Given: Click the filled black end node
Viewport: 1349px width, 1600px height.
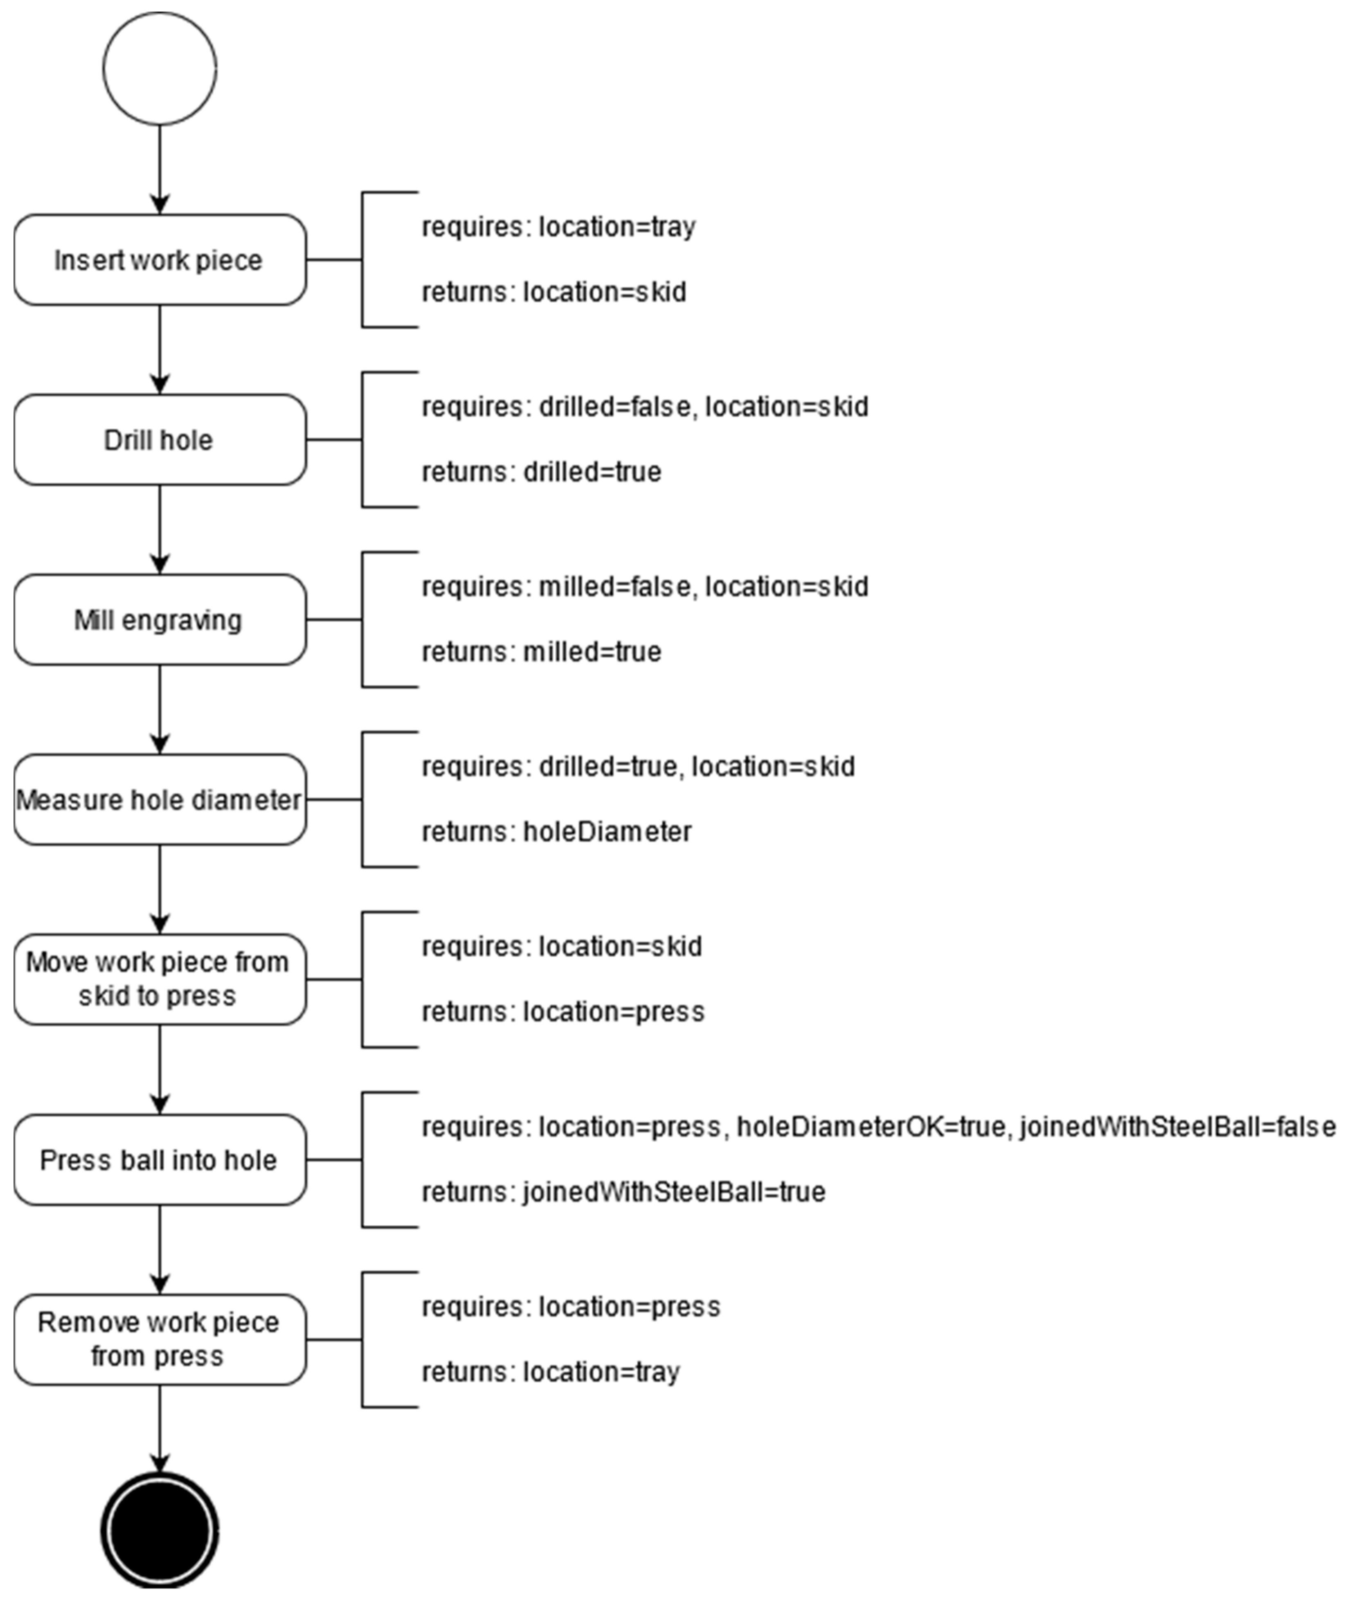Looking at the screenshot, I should coord(160,1530).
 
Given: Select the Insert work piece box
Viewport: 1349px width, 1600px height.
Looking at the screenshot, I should coord(160,260).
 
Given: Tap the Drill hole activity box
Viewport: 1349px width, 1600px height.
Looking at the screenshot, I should coord(160,440).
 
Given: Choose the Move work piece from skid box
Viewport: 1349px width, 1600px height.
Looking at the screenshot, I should coord(160,980).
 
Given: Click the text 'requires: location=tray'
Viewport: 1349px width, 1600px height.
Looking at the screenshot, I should coord(558,227).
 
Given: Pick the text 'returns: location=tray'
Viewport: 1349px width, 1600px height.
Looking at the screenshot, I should coord(550,1372).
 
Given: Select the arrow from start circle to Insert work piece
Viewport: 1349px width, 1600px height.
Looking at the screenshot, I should coord(160,168).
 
